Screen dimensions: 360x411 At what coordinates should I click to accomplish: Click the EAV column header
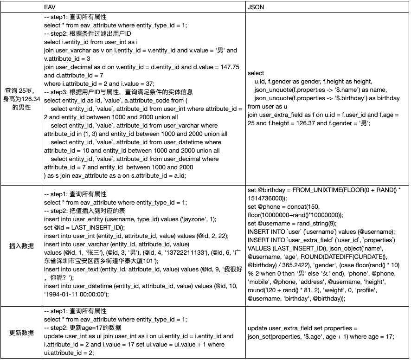click(x=50, y=7)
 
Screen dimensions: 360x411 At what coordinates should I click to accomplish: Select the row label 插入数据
click(x=21, y=246)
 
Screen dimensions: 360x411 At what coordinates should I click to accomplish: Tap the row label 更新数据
click(x=21, y=333)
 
